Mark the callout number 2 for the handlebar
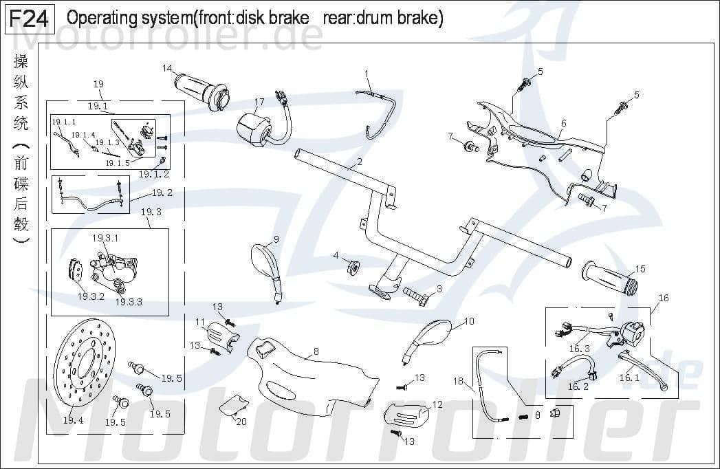pyautogui.click(x=359, y=164)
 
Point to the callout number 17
pyautogui.click(x=259, y=102)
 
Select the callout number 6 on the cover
pyautogui.click(x=563, y=123)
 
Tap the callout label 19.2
pyautogui.click(x=162, y=193)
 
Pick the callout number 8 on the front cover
pyautogui.click(x=316, y=351)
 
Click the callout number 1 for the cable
pyautogui.click(x=367, y=73)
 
